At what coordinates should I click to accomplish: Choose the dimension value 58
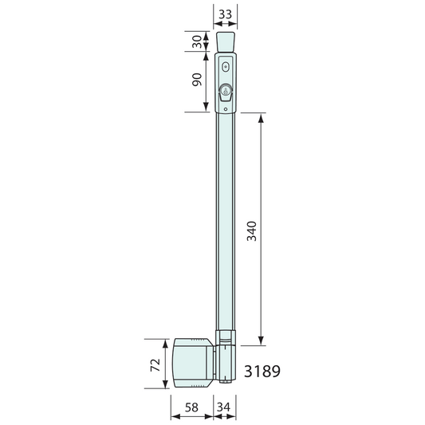point(191,407)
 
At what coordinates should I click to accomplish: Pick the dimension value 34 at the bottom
point(226,407)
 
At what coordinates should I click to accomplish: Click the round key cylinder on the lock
point(226,90)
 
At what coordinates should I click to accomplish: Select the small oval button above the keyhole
point(226,67)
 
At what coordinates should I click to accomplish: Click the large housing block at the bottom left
point(192,364)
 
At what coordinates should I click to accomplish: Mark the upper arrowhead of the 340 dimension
point(261,116)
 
